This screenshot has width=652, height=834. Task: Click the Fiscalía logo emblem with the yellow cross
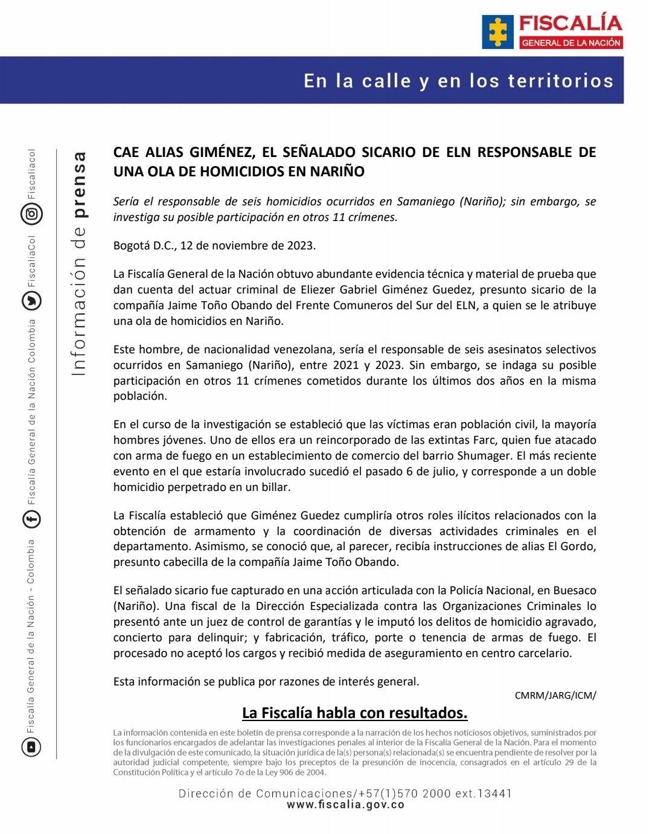[497, 31]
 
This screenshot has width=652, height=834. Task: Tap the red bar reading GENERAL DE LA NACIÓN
[570, 43]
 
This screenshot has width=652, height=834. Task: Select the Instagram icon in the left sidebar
[31, 213]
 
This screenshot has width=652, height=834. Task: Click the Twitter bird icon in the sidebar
[31, 301]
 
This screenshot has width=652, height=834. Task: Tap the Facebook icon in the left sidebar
[31, 519]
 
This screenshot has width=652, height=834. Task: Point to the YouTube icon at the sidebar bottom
[31, 747]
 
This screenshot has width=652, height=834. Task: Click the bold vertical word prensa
[79, 184]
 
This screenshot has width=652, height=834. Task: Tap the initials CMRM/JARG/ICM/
[555, 695]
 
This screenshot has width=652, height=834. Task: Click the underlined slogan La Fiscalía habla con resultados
[354, 713]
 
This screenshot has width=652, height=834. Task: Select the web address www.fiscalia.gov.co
[345, 804]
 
